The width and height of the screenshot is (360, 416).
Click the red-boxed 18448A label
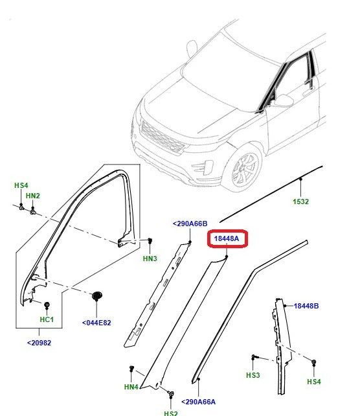click(x=227, y=239)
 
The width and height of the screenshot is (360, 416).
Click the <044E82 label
click(x=96, y=322)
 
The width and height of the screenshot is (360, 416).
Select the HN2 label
click(x=32, y=196)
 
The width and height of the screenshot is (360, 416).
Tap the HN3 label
click(x=150, y=259)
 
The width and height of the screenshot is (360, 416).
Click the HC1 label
click(x=47, y=321)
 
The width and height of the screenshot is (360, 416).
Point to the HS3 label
click(x=253, y=375)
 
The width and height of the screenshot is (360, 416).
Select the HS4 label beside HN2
click(x=21, y=185)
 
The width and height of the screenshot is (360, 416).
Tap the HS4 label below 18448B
click(x=313, y=382)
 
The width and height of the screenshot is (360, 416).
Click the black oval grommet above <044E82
click(x=97, y=296)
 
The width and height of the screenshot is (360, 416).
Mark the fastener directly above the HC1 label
click(x=47, y=305)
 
